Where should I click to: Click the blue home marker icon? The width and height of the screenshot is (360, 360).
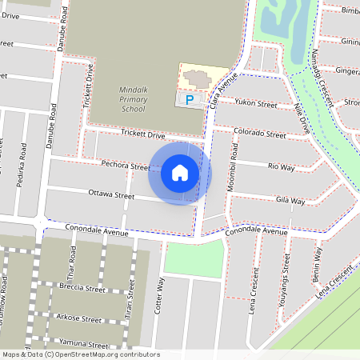(x=180, y=173)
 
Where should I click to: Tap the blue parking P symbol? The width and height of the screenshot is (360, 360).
(x=190, y=100)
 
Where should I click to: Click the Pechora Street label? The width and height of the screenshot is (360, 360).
(x=126, y=165)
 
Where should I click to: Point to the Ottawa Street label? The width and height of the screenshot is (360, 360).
(x=110, y=194)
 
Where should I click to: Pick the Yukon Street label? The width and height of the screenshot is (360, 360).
(x=255, y=104)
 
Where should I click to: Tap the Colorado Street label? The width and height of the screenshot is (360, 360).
(x=260, y=132)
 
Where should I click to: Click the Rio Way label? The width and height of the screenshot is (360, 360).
(x=281, y=166)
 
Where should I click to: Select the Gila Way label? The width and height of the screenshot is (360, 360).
(x=290, y=200)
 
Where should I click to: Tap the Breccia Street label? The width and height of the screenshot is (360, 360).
(x=83, y=289)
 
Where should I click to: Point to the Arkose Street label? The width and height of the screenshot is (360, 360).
(x=79, y=318)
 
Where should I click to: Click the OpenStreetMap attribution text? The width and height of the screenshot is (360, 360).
(x=80, y=354)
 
